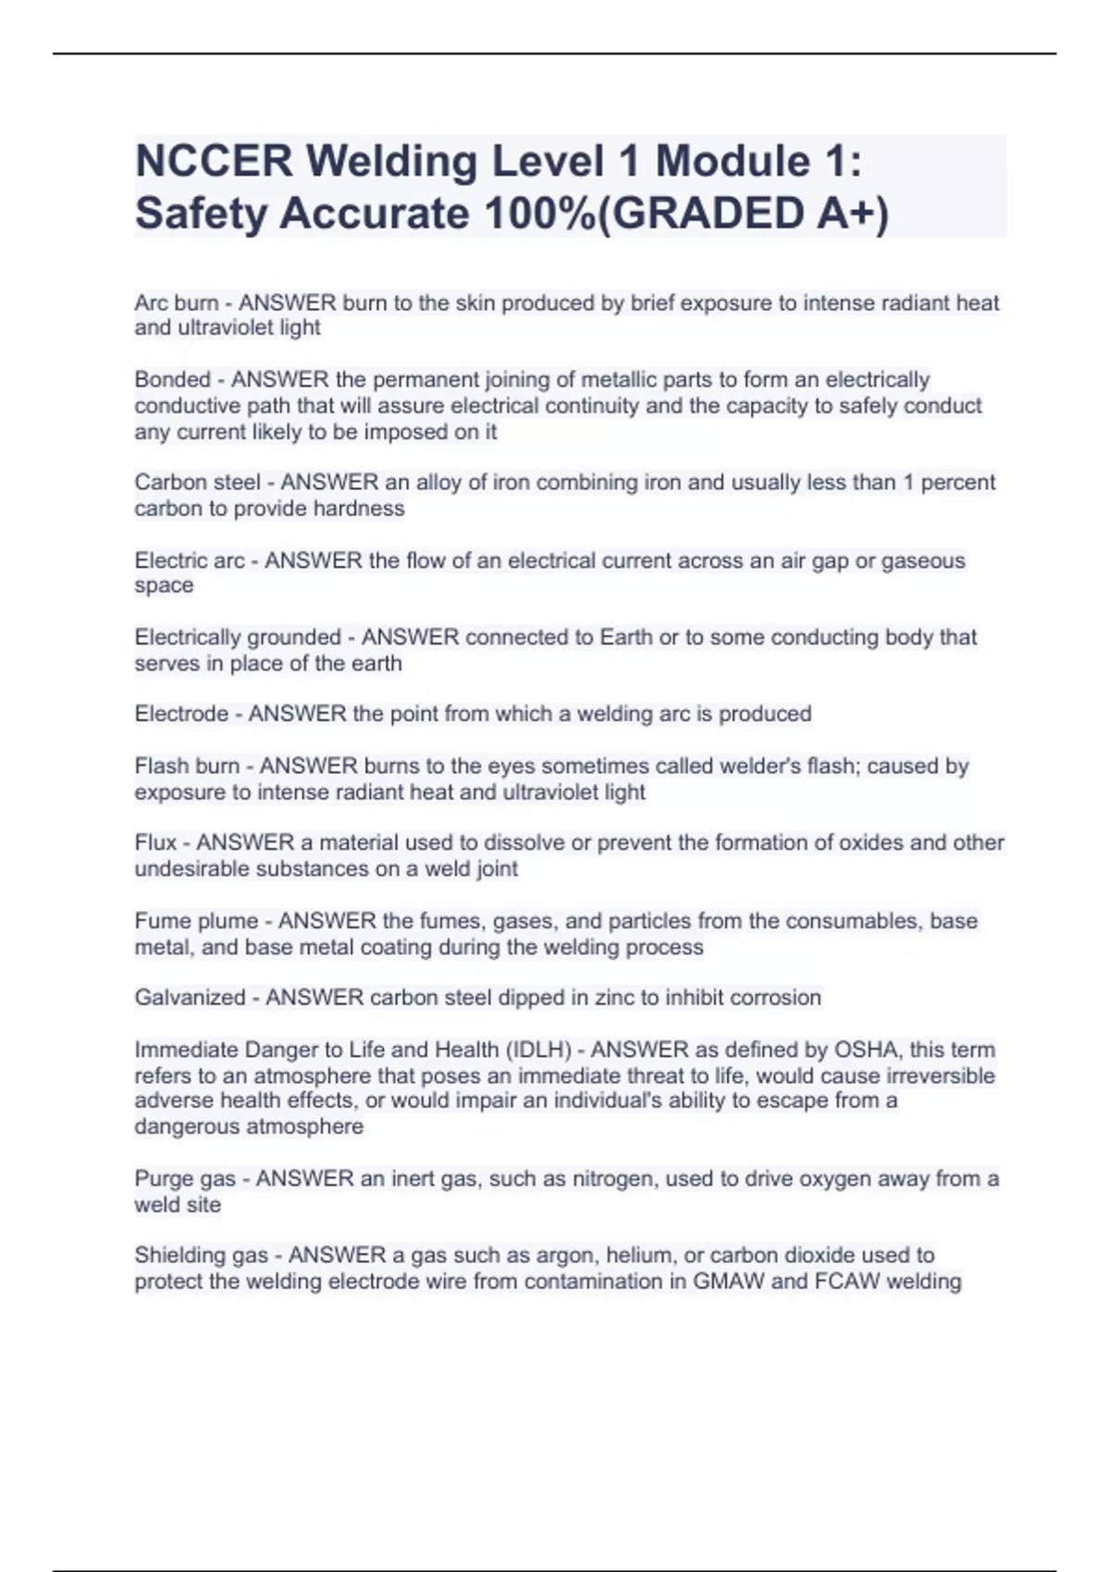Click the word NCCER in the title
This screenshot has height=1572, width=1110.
(x=214, y=161)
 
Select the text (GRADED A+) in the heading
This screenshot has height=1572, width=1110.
(x=744, y=214)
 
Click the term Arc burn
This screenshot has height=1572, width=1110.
(x=176, y=303)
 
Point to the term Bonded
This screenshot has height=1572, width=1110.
(x=172, y=380)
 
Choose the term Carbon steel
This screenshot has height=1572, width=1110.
(x=197, y=483)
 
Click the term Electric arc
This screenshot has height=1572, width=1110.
(x=190, y=560)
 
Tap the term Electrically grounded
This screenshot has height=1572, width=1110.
(x=238, y=637)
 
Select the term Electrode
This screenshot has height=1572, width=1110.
(x=181, y=714)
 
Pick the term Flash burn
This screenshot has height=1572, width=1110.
(x=187, y=767)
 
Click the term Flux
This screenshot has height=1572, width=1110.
(x=155, y=842)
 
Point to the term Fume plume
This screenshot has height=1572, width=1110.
(x=196, y=921)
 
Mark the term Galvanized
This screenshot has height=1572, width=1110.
(x=190, y=998)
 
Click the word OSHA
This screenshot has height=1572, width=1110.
(x=867, y=1050)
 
